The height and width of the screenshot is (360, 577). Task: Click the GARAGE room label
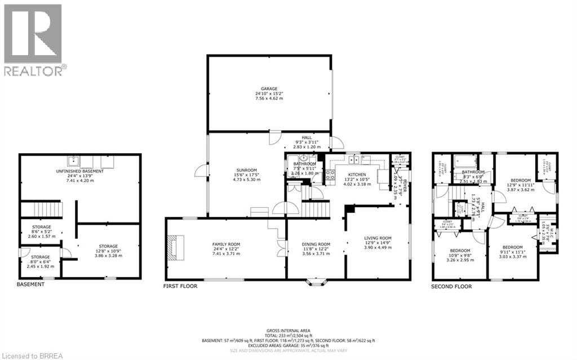pyautogui.click(x=269, y=93)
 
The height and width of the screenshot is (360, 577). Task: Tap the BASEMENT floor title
pyautogui.click(x=30, y=285)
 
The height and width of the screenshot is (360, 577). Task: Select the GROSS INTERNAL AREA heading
pyautogui.click(x=288, y=330)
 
